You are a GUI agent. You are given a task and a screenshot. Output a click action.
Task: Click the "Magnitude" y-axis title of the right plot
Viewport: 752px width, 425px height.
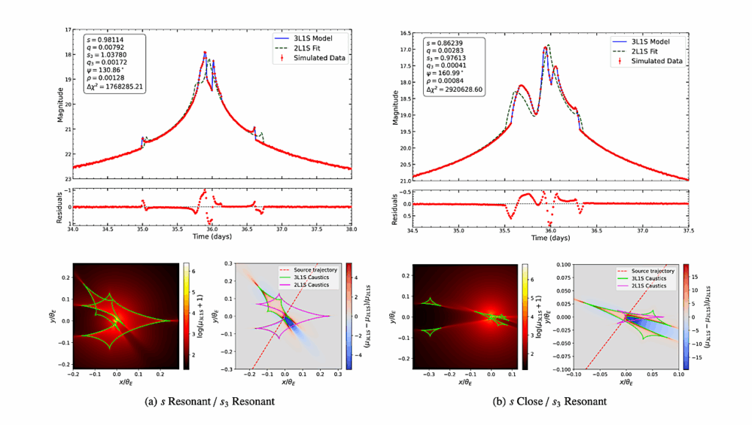coord(397,106)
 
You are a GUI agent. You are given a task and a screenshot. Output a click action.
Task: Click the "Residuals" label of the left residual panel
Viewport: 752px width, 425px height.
coord(59,207)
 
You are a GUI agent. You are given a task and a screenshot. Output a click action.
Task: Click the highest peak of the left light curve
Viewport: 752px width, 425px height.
coord(206,52)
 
